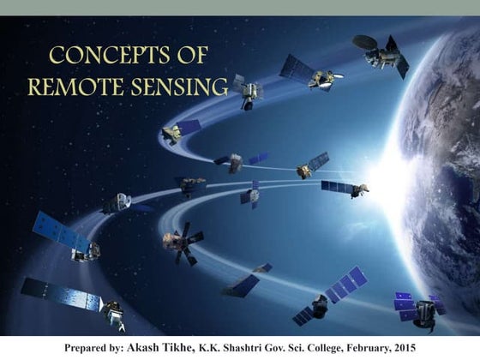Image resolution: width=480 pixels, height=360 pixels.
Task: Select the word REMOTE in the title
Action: click(75, 87)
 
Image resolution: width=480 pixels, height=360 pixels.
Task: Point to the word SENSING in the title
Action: click(178, 87)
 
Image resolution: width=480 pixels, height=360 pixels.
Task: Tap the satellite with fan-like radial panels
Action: click(183, 241)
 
